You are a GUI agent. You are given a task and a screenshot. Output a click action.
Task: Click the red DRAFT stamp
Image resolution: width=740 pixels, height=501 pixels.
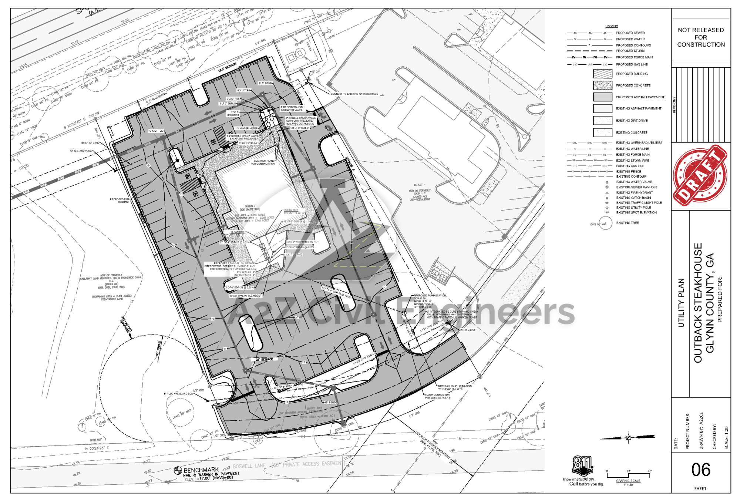(700, 175)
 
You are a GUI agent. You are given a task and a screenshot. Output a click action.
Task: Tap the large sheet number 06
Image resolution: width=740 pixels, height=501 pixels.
(701, 470)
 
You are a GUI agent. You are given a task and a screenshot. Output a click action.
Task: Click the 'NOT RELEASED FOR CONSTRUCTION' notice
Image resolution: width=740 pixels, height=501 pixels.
(701, 37)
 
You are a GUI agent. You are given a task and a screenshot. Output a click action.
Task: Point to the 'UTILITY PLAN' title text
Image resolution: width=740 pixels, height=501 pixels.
(681, 303)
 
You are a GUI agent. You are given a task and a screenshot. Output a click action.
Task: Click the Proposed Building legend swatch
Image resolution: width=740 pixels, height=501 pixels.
(602, 74)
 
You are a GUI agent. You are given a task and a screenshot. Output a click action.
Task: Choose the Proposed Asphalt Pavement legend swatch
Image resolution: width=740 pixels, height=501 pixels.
(602, 97)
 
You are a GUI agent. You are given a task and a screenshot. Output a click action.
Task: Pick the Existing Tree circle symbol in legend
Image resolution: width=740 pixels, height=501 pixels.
(605, 224)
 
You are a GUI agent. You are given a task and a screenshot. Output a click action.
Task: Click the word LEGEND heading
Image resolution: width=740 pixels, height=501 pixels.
(612, 26)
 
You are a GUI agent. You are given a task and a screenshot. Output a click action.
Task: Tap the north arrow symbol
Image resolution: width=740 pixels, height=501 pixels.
(628, 437)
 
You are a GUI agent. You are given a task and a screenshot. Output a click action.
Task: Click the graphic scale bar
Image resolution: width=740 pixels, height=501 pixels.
(629, 474)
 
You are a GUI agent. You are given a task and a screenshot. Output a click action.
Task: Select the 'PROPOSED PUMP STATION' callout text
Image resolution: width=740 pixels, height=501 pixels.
(430, 296)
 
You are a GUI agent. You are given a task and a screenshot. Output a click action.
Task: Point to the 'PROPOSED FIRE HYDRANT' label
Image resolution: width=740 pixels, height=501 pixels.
(120, 201)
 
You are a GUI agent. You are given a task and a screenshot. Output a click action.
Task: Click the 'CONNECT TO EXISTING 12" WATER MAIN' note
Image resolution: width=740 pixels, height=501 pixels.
(354, 94)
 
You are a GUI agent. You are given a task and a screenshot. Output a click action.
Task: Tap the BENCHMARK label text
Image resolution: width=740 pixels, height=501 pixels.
(201, 470)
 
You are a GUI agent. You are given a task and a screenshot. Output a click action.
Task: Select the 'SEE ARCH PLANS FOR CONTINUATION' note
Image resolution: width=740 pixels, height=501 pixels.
(263, 162)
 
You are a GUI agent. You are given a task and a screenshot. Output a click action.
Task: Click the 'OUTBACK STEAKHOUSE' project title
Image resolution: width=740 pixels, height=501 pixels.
(698, 303)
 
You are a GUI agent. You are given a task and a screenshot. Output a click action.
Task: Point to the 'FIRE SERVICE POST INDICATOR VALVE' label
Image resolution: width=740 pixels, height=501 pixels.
(292, 108)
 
